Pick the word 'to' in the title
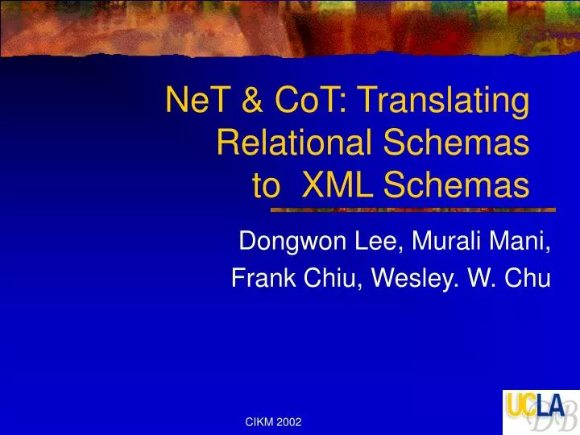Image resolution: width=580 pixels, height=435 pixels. click(267, 187)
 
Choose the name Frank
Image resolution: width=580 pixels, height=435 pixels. click(259, 279)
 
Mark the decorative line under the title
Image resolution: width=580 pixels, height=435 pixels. click(412, 210)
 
